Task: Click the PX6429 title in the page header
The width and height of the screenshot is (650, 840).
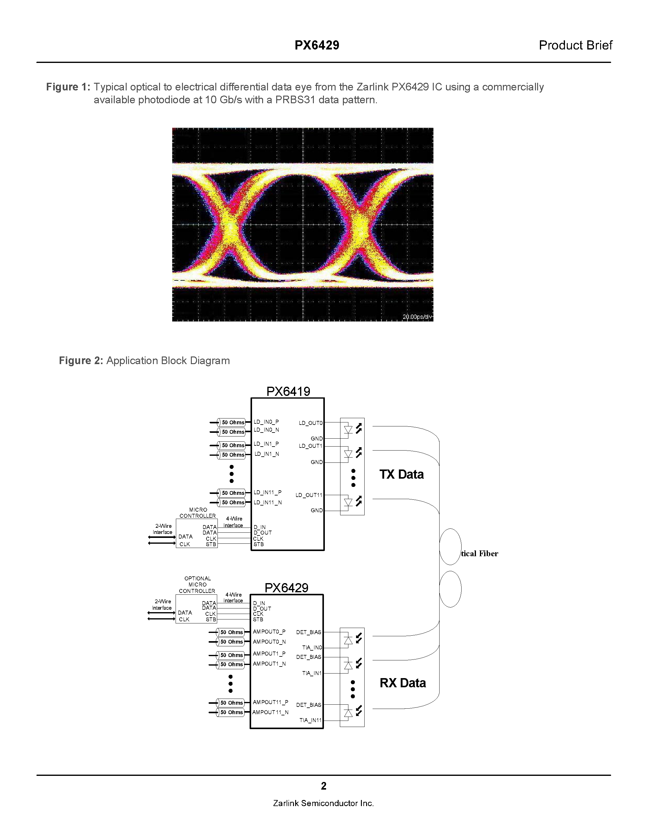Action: click(x=317, y=46)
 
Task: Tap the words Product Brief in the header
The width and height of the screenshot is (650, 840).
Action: click(x=575, y=46)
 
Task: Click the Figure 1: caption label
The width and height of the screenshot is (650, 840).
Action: click(x=68, y=87)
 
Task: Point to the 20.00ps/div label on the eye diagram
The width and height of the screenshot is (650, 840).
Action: click(x=417, y=317)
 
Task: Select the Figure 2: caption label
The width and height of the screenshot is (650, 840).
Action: click(x=81, y=361)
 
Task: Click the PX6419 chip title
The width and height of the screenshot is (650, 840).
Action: click(x=288, y=392)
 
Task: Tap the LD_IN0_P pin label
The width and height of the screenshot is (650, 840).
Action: click(x=266, y=422)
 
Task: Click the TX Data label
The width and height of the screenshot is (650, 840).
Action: click(x=401, y=474)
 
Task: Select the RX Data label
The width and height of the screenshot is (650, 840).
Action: click(x=403, y=683)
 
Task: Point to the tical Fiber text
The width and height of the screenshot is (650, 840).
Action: click(x=479, y=553)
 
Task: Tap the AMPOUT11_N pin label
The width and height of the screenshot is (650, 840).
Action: click(x=270, y=712)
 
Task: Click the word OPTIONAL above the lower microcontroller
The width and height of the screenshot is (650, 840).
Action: click(x=198, y=579)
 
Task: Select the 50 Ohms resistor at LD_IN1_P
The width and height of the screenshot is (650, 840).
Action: click(x=232, y=445)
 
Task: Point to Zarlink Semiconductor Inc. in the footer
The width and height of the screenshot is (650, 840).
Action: click(x=323, y=803)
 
